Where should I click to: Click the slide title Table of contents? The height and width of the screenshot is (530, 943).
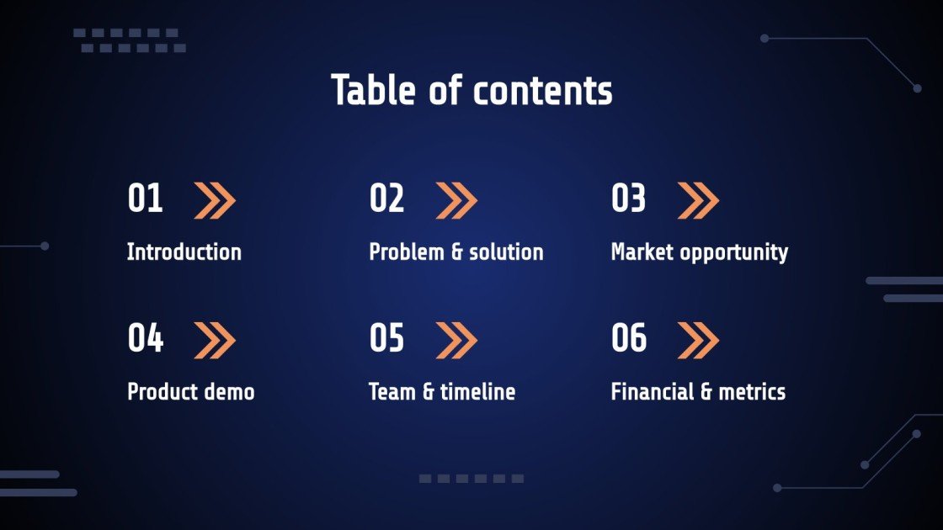[x=471, y=90]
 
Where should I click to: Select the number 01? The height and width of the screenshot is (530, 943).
[x=145, y=199]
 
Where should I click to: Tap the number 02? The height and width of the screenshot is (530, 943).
[x=386, y=199]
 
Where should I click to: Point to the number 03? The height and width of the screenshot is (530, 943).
[x=628, y=199]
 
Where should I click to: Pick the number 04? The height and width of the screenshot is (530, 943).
[x=145, y=338]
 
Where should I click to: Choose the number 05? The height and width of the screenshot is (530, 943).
[x=386, y=338]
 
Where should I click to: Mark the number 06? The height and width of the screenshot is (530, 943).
[x=628, y=338]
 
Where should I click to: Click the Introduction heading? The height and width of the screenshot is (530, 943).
[x=184, y=252]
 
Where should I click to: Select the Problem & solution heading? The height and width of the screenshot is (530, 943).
[x=456, y=252]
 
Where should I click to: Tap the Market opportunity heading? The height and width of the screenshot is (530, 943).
[x=699, y=252]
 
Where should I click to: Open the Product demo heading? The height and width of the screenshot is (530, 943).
[x=190, y=391]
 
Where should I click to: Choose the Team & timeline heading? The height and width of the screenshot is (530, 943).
[x=441, y=391]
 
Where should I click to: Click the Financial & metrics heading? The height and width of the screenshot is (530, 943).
[x=697, y=391]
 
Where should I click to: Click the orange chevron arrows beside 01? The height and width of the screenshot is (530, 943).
[x=215, y=200]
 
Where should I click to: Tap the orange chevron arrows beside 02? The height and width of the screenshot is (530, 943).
[x=456, y=200]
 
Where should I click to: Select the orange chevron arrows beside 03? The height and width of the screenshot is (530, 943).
[x=698, y=200]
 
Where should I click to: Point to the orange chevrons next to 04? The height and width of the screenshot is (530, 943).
[x=215, y=340]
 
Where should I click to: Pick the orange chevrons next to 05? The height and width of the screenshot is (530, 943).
[x=456, y=340]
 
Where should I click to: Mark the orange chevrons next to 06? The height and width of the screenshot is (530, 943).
[x=698, y=340]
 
